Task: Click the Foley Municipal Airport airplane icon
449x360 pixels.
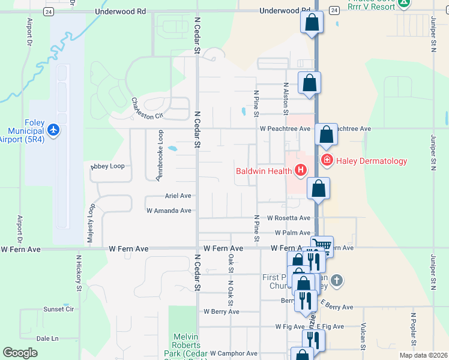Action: point(53,130)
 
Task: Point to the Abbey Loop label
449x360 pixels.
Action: point(107,166)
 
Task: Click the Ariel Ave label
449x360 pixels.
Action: point(178,196)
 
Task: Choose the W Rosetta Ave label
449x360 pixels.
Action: point(289,218)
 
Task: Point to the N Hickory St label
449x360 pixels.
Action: point(79,272)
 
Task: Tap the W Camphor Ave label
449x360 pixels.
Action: point(234,353)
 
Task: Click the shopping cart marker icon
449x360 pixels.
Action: point(322,245)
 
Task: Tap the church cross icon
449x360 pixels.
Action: point(337,280)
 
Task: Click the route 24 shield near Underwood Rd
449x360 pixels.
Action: point(49,11)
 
